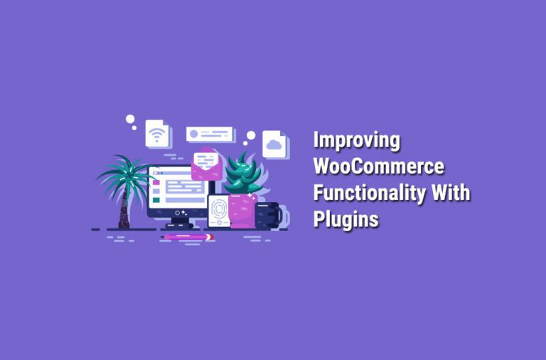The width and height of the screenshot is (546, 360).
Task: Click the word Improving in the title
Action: click(x=357, y=141)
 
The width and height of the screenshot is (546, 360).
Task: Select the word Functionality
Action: click(x=369, y=193)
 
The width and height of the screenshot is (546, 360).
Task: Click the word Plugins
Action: click(x=346, y=219)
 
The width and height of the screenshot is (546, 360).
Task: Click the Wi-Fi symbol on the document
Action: click(x=156, y=133)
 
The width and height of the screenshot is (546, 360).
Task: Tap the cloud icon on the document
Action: click(x=274, y=144)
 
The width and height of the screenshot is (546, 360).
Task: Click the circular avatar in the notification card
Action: click(x=193, y=134)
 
